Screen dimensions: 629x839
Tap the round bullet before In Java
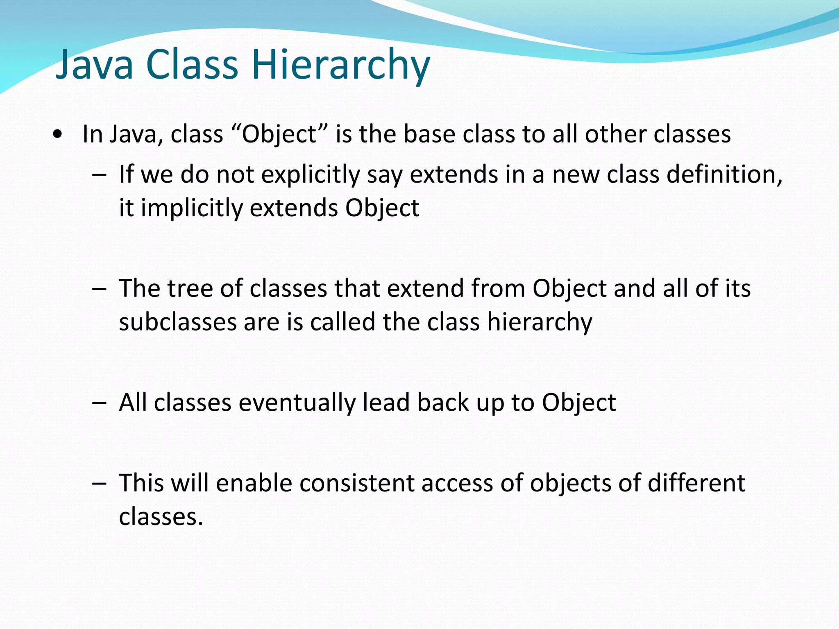pos(58,134)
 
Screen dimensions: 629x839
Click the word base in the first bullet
pos(429,134)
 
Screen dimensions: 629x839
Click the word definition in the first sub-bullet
pos(724,174)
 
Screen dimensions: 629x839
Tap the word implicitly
pos(192,208)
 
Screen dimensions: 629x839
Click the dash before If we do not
pos(99,175)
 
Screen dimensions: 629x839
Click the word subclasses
pos(178,322)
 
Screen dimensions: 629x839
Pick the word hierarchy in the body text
pos(540,323)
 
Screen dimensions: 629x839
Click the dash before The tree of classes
pos(99,289)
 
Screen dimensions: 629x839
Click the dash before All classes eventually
pos(99,403)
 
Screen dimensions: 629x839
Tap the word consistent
pos(356,483)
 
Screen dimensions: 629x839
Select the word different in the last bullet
pos(696,483)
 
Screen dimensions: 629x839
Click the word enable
pos(254,483)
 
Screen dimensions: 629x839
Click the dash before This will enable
pos(99,483)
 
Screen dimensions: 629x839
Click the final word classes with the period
pos(161,517)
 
